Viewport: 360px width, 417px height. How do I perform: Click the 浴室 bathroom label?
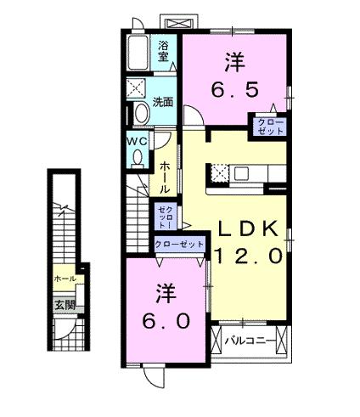click(164, 53)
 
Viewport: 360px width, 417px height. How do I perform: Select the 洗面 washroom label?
click(163, 103)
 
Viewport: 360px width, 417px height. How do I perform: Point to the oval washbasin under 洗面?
click(136, 113)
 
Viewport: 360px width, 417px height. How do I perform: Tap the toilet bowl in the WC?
click(138, 157)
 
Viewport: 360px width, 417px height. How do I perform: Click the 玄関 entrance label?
click(65, 304)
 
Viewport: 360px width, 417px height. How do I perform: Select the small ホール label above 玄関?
click(65, 279)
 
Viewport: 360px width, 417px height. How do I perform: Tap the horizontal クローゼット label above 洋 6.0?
click(178, 244)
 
